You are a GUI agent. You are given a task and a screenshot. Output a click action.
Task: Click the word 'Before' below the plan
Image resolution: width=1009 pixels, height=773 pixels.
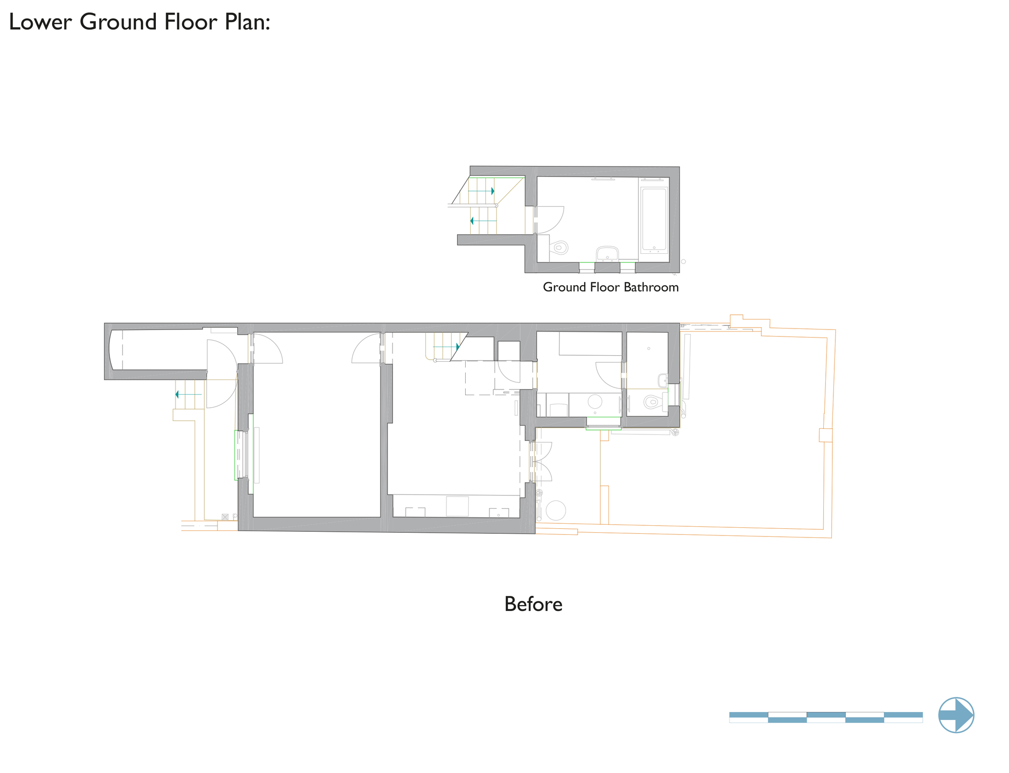click(533, 604)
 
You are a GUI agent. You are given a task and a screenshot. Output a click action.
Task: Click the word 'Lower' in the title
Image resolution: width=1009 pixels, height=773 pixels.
click(40, 22)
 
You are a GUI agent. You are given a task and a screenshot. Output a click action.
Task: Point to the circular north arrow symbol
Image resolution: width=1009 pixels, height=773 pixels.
click(956, 715)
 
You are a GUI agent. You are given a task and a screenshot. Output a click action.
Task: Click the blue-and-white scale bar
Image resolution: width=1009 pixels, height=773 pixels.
click(826, 717)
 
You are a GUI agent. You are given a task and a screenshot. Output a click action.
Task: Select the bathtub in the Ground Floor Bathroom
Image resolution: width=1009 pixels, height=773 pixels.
click(654, 220)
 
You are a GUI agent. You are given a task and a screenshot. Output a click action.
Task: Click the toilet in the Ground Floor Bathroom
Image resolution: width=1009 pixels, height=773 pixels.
click(558, 248)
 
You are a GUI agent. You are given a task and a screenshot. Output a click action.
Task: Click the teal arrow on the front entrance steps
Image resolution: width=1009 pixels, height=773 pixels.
click(188, 395)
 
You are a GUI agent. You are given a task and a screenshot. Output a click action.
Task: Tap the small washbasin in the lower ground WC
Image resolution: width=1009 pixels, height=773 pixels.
click(663, 380)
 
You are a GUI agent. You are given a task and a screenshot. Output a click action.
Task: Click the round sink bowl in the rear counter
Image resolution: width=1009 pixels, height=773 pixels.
click(595, 402)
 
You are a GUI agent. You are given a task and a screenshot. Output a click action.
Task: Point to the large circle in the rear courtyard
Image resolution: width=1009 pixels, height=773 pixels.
click(556, 510)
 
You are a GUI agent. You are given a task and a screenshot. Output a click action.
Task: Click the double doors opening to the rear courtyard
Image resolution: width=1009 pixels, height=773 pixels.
click(541, 461)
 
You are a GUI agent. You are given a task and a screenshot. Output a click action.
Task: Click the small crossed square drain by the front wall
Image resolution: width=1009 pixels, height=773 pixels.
click(225, 517)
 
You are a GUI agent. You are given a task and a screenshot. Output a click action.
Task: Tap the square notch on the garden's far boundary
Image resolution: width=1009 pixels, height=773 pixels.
click(825, 435)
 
